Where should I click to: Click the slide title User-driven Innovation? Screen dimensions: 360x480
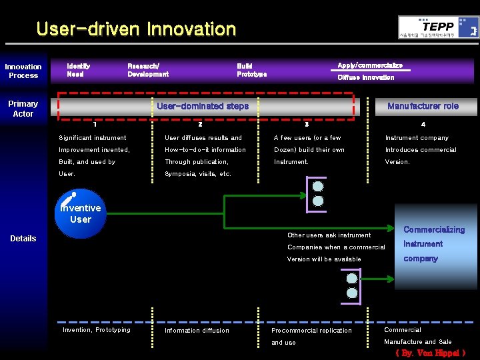point(136,29)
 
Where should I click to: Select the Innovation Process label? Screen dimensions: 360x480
point(23,71)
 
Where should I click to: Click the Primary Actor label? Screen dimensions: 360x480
point(23,109)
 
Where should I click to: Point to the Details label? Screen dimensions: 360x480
point(23,238)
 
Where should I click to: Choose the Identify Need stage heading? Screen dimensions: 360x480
point(79,70)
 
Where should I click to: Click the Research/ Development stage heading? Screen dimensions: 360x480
point(147,70)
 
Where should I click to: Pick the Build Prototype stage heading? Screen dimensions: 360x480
point(251,70)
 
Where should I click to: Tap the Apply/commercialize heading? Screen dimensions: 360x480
point(370,65)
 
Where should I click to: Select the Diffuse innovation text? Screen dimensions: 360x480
point(365,77)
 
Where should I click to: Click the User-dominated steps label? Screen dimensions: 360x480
point(203,106)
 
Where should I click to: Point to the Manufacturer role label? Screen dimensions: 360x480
point(423,106)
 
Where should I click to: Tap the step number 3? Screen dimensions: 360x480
point(307,124)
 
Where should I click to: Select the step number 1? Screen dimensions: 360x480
point(95,124)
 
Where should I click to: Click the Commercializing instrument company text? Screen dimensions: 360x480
point(433,243)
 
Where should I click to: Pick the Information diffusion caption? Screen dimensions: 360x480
point(197,330)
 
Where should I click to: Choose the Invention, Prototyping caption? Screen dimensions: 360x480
point(96,329)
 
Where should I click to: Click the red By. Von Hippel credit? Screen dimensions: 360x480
point(430,353)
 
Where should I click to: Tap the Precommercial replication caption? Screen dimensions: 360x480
point(311,330)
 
